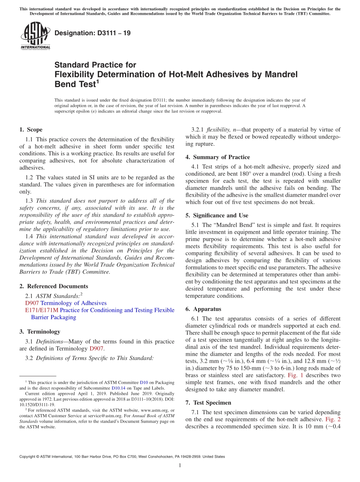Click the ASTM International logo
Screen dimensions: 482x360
[35, 35]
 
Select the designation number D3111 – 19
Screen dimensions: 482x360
[92, 33]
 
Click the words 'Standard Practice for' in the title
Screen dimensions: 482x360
[95, 65]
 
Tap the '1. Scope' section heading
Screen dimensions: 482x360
[31, 130]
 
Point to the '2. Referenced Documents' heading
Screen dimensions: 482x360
[53, 286]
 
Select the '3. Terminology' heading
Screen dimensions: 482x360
[40, 332]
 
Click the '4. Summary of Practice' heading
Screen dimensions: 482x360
[218, 157]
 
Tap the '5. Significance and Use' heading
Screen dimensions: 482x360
[217, 215]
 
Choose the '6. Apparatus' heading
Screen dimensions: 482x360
[203, 309]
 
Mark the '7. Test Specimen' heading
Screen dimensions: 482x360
[208, 402]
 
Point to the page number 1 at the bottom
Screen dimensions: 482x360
[180, 465]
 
